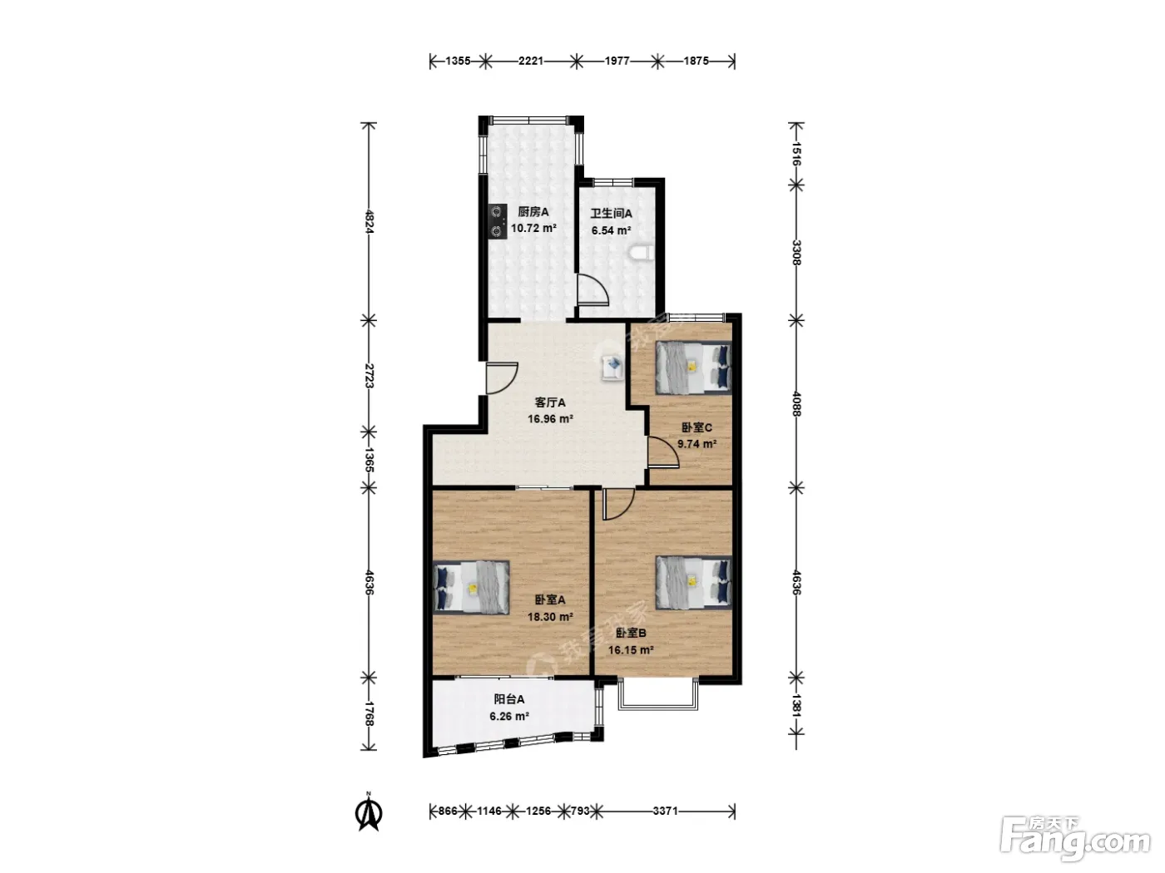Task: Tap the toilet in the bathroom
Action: click(x=642, y=252)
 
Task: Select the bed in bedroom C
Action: click(x=693, y=367)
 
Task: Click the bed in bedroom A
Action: click(x=471, y=588)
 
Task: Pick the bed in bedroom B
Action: click(x=693, y=581)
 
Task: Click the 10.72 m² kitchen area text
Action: click(x=533, y=229)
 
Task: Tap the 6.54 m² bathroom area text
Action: click(x=611, y=230)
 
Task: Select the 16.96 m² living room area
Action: click(x=550, y=419)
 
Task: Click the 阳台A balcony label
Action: click(x=509, y=699)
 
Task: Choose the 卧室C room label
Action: click(x=697, y=427)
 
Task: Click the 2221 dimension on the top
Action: click(x=531, y=61)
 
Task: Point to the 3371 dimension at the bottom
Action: click(x=665, y=811)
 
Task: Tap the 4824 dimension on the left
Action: click(x=369, y=221)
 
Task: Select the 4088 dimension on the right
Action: click(x=796, y=403)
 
